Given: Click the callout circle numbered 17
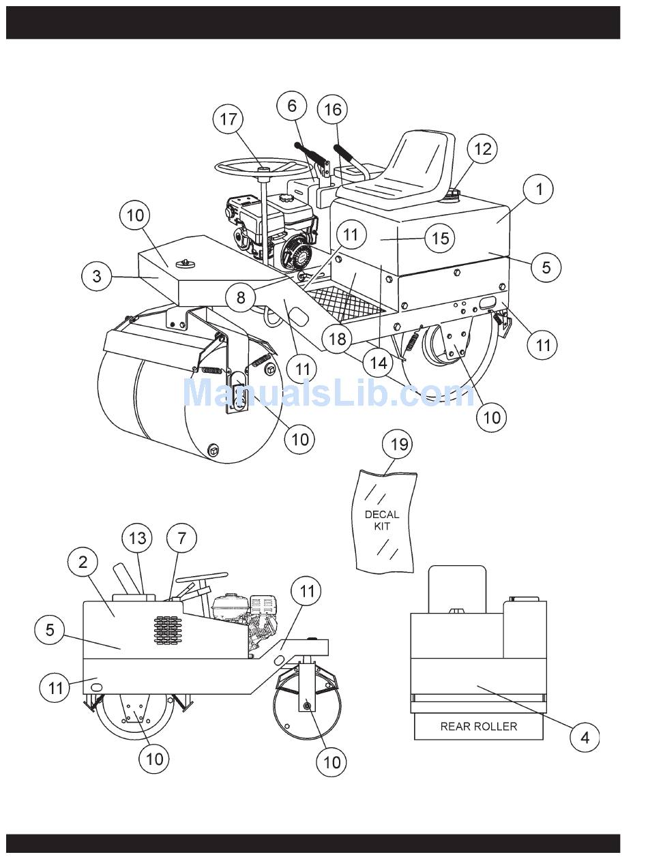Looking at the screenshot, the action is tap(228, 119).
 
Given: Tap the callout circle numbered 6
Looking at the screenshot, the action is tap(292, 106).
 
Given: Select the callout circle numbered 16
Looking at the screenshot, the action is tap(332, 110).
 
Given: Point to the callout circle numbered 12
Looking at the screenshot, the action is tap(482, 149).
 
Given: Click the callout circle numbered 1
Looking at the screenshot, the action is tap(539, 189).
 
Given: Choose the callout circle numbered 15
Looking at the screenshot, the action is tap(440, 238).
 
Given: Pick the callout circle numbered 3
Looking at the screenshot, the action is tap(97, 276).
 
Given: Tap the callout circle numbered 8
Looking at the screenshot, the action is tap(240, 298).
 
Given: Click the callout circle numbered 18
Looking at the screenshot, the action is tap(337, 339).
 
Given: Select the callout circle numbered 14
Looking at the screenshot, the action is tap(378, 363).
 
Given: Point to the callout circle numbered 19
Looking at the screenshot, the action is tap(398, 444).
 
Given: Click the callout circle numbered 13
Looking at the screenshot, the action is tap(136, 538).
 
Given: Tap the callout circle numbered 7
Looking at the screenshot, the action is tap(181, 538).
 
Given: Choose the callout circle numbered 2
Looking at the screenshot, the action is tap(83, 562).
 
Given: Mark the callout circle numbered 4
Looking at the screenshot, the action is tap(585, 738).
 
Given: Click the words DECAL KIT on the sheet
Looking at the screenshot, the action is tap(382, 520).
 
